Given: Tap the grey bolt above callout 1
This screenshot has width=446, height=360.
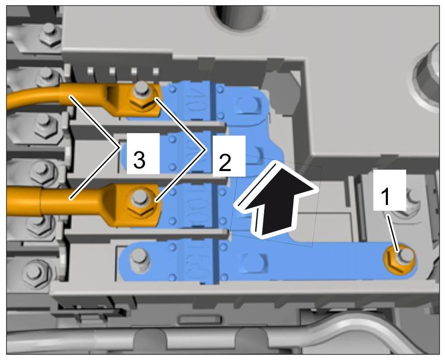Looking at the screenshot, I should [410, 197].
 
